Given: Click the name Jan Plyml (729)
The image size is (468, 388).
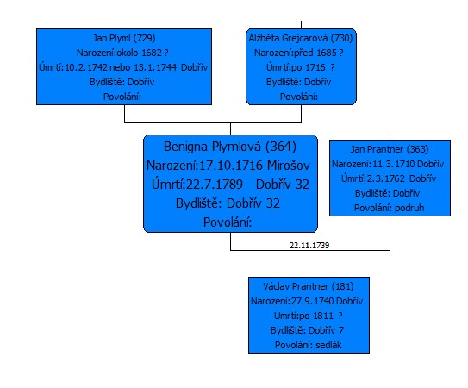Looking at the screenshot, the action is pos(124,38).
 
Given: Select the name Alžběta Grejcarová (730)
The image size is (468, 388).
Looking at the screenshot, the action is pos(301,38).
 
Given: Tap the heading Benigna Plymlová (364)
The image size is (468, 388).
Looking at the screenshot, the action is pos(230,147).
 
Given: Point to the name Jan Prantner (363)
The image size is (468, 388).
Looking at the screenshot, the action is pos(390,149).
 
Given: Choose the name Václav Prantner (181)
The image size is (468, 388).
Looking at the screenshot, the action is pos(309,286).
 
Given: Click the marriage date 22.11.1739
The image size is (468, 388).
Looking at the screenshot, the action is pos(309,246).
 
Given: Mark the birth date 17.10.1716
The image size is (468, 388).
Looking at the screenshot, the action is pos(231,166).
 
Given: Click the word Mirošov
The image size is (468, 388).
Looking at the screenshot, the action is pos(289,166).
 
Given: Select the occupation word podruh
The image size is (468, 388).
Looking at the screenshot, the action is pos(409,208).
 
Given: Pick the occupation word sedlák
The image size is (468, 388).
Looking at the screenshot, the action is pos(328,345).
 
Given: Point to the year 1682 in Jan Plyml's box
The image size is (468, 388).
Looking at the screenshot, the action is pos(152,53).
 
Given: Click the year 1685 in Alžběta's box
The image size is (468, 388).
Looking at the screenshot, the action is pos(327,53).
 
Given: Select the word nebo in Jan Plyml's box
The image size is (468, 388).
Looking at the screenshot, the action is pos(120,67).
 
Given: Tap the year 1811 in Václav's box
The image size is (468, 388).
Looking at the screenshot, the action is pos(323,316).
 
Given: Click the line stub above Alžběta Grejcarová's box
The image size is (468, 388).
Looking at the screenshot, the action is pos(301,25).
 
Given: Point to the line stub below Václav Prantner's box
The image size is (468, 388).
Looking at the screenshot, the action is pos(309,358).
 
